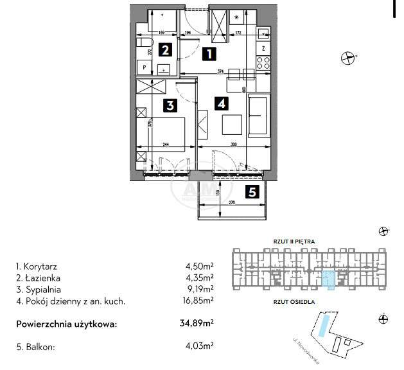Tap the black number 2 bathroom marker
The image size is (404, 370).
(x=165, y=50)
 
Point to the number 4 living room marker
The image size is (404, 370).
(x=221, y=102)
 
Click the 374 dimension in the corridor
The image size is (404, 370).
(x=221, y=71)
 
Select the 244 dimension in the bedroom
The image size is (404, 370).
(x=165, y=144)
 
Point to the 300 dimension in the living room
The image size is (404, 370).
(x=234, y=144)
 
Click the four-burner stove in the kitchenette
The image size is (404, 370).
(x=262, y=63)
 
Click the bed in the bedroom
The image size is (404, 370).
(x=168, y=135)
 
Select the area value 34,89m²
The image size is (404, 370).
(x=197, y=324)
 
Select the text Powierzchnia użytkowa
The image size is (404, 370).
(x=67, y=324)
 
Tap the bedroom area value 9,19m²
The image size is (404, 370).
(x=201, y=288)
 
